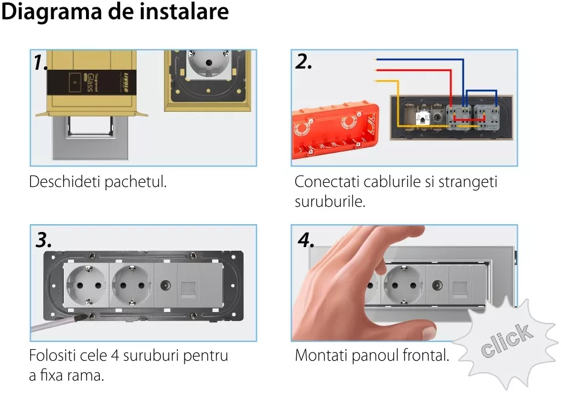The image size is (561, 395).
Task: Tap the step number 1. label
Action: [x=41, y=62]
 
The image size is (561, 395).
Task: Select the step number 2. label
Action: [x=304, y=61]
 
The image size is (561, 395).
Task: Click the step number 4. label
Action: [x=306, y=240]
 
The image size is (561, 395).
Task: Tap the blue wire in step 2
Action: [x=421, y=60]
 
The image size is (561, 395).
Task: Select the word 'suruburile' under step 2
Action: [x=330, y=201]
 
